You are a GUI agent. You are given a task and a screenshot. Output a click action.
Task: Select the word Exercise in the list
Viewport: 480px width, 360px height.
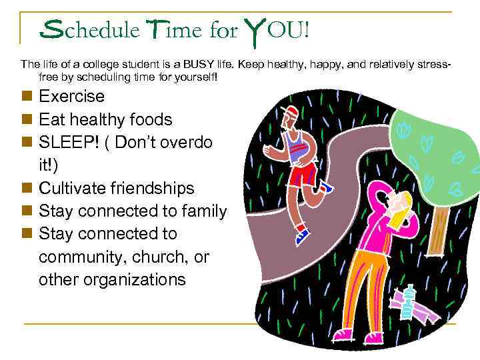pyautogui.click(x=71, y=97)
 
